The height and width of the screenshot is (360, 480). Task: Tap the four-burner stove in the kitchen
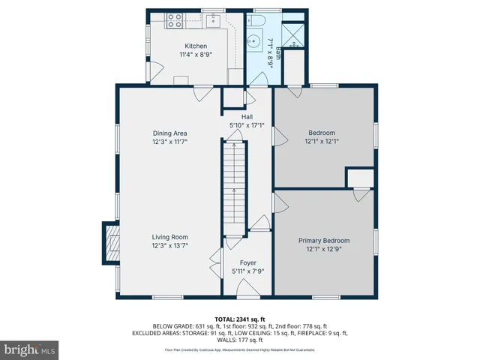click(175, 20)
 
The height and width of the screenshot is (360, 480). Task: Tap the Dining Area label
click(169, 133)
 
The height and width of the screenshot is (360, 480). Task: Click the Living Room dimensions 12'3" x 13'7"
click(169, 245)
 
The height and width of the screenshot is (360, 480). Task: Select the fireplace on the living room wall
click(110, 243)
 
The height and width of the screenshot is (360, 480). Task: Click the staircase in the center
click(235, 187)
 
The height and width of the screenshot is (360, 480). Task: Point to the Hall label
click(247, 117)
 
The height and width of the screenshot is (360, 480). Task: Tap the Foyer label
click(247, 262)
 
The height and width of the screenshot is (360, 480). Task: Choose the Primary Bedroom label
click(324, 241)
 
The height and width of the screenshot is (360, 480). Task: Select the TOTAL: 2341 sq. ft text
click(240, 319)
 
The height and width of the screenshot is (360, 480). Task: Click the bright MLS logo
click(30, 349)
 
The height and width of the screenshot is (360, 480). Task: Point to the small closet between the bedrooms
click(359, 178)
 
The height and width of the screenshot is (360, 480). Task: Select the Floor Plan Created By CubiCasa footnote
click(240, 350)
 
